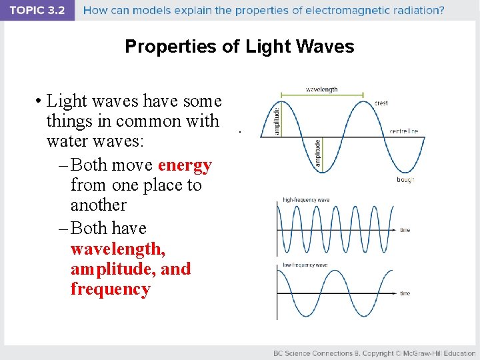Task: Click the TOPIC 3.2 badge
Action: click(x=37, y=10)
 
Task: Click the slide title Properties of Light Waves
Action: click(x=239, y=47)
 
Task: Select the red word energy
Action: click(x=185, y=165)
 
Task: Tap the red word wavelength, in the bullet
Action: click(x=118, y=249)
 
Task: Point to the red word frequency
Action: click(x=110, y=289)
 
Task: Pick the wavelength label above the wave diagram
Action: click(x=321, y=89)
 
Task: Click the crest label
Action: click(x=381, y=103)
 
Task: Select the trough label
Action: click(x=405, y=179)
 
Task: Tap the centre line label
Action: click(x=404, y=131)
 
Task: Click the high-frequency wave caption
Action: click(x=306, y=199)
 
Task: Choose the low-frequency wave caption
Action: click(x=305, y=265)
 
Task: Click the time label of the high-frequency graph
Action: click(x=405, y=230)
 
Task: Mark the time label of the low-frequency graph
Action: click(x=405, y=293)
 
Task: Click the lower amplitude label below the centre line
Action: click(x=317, y=153)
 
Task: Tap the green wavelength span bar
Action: click(x=322, y=95)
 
